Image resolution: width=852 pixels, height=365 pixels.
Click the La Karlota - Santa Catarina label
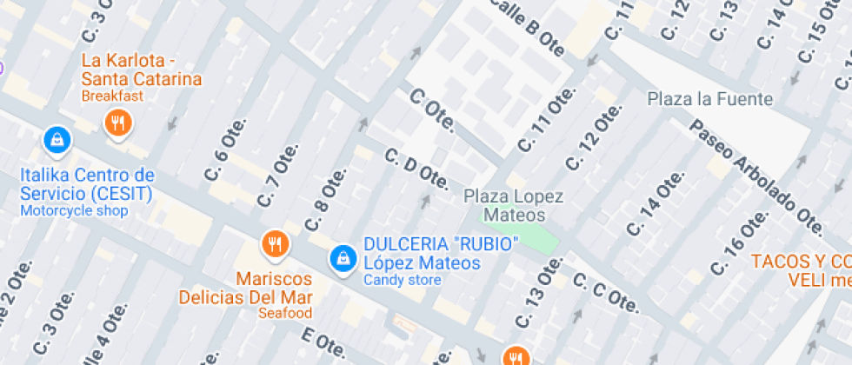click(x=142, y=70)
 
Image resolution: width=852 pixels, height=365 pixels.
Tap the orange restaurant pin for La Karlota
click(x=117, y=123)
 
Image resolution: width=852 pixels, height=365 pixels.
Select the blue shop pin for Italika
click(x=57, y=138)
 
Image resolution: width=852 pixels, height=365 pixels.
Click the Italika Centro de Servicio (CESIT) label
click(x=86, y=183)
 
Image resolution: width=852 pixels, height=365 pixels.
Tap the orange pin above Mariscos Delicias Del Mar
click(x=275, y=244)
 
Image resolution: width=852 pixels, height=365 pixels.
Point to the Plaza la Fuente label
click(x=709, y=99)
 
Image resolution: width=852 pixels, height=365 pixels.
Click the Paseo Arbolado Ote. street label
click(x=755, y=175)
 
